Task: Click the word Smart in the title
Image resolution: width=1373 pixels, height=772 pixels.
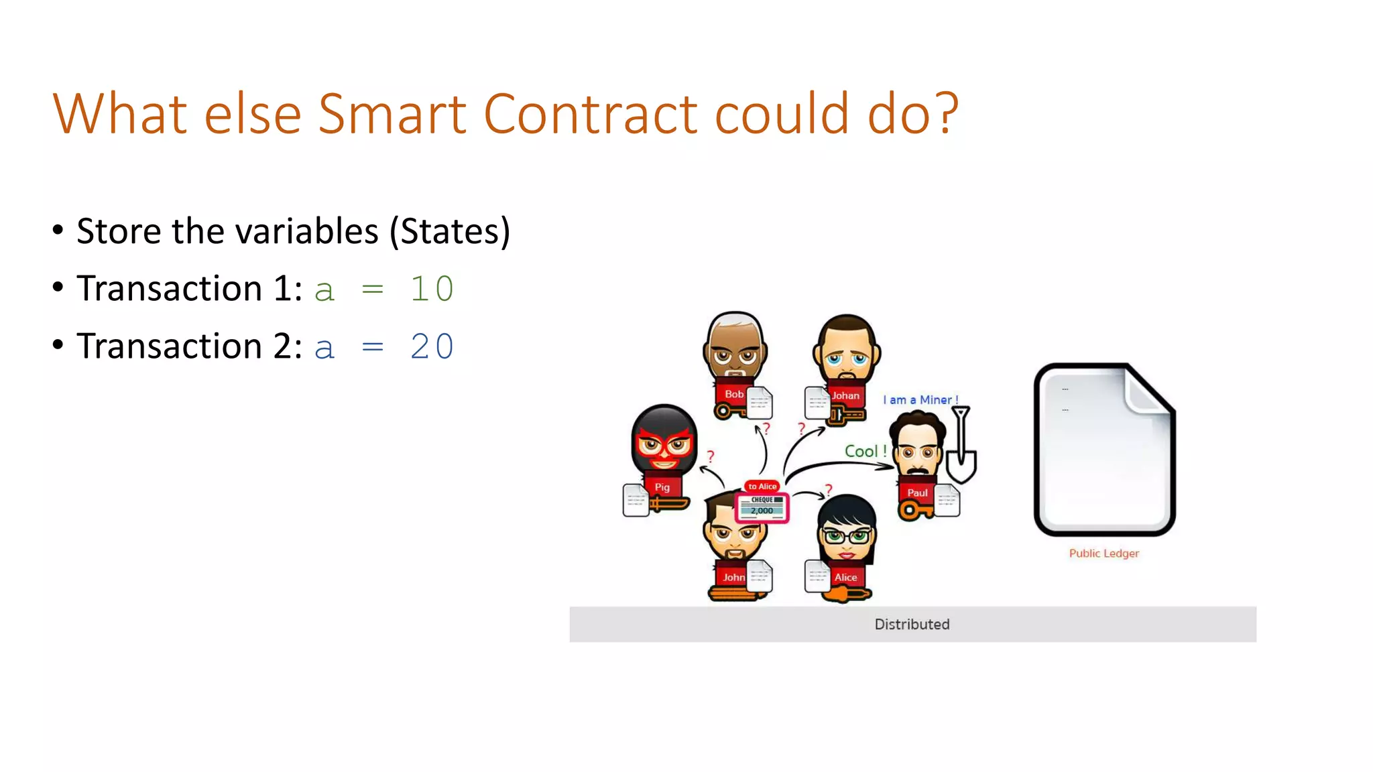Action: [x=392, y=114]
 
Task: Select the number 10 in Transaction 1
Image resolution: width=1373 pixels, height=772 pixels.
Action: [x=432, y=289]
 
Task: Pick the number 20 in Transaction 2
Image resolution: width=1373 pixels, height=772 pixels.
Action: [x=432, y=347]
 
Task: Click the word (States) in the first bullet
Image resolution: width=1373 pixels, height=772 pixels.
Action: [x=450, y=232]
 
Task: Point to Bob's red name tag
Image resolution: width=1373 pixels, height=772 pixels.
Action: [x=733, y=395]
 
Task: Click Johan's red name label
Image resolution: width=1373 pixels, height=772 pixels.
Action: [x=845, y=396]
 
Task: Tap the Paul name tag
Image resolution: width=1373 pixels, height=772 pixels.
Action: [x=917, y=493]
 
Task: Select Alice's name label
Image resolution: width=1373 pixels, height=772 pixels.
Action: [x=845, y=577]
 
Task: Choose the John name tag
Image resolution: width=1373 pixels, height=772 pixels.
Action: [x=733, y=577]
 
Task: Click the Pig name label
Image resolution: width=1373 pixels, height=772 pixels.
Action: [x=662, y=487]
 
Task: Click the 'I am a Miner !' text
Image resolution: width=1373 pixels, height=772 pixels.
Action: [x=920, y=400]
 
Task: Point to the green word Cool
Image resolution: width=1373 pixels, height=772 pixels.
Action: [x=861, y=452]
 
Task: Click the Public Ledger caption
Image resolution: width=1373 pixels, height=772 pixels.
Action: [x=1103, y=554]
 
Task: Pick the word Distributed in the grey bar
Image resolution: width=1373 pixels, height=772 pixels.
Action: [x=912, y=625]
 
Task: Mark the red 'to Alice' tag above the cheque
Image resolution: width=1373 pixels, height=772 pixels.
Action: [x=762, y=487]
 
